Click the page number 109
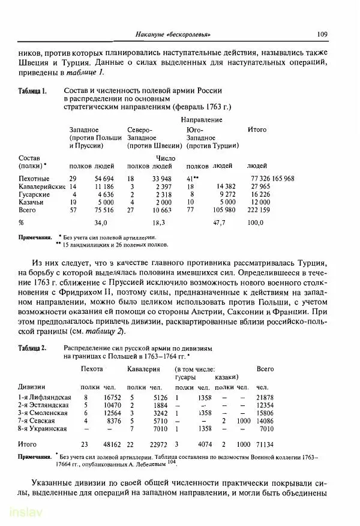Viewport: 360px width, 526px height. pos(322,34)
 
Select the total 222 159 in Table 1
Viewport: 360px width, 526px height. pos(259,211)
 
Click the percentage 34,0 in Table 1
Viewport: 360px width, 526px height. pos(100,223)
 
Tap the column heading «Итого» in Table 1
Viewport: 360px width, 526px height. pos(257,130)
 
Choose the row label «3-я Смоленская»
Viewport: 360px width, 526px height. pos(44,414)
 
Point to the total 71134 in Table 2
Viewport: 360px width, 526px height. pos(264,445)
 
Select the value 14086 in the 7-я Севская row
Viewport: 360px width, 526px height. pos(264,422)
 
